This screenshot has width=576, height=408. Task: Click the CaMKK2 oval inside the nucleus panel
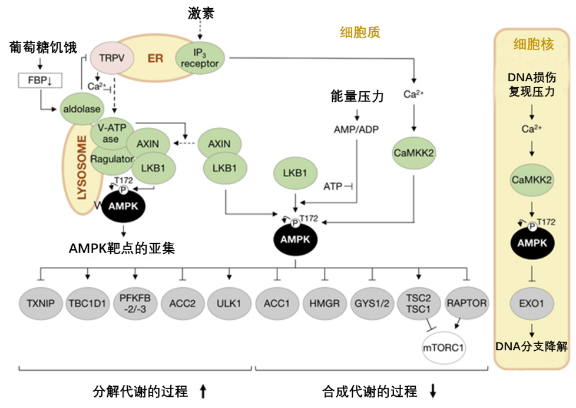tap(532, 180)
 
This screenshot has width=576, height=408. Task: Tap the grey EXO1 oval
tap(532, 304)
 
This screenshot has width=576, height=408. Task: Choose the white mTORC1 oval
tap(443, 347)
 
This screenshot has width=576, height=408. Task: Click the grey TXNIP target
tap(41, 304)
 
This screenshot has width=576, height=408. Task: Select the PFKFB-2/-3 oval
tap(135, 304)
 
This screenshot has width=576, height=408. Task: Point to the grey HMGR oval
tap(324, 304)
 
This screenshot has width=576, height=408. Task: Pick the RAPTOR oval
tap(466, 304)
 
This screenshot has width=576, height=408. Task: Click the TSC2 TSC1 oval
tap(419, 304)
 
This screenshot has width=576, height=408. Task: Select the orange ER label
tap(155, 59)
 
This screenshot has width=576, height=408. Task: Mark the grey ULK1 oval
tap(229, 304)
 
